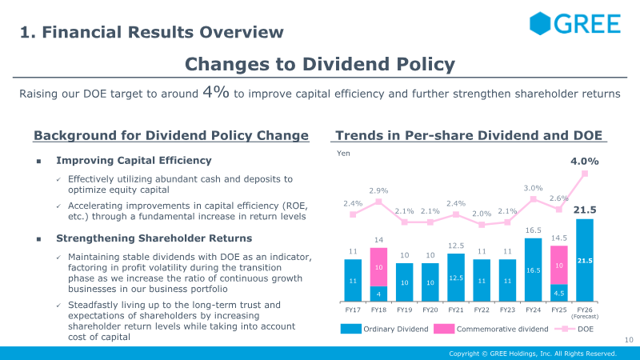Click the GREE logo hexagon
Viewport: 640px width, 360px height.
[x=540, y=23]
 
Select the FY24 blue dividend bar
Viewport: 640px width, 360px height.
[x=533, y=270]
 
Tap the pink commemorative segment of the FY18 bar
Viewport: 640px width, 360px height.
[x=378, y=267]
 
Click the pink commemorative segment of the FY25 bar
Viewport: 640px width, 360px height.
[x=558, y=265]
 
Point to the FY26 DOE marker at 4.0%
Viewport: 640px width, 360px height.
[x=585, y=174]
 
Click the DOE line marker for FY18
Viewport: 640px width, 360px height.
[x=378, y=202]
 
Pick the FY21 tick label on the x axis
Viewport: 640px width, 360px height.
[x=456, y=310]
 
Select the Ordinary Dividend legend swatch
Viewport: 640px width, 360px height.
[x=351, y=329]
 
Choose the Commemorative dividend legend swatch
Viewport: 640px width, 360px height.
[x=444, y=329]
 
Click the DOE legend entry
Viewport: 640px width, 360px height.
[x=574, y=329]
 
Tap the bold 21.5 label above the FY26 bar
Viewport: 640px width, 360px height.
[x=585, y=210]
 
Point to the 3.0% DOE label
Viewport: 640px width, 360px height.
[x=533, y=188]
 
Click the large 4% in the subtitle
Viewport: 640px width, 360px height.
[x=216, y=92]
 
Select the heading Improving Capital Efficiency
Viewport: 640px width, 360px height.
[x=134, y=161]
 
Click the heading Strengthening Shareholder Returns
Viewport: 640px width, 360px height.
[x=154, y=238]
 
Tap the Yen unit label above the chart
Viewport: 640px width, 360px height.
[x=343, y=153]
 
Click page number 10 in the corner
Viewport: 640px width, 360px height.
[x=629, y=339]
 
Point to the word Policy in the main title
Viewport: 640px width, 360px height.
[x=426, y=65]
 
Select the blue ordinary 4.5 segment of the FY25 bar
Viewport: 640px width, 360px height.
[x=558, y=293]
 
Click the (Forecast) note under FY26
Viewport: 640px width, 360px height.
[x=585, y=316]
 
